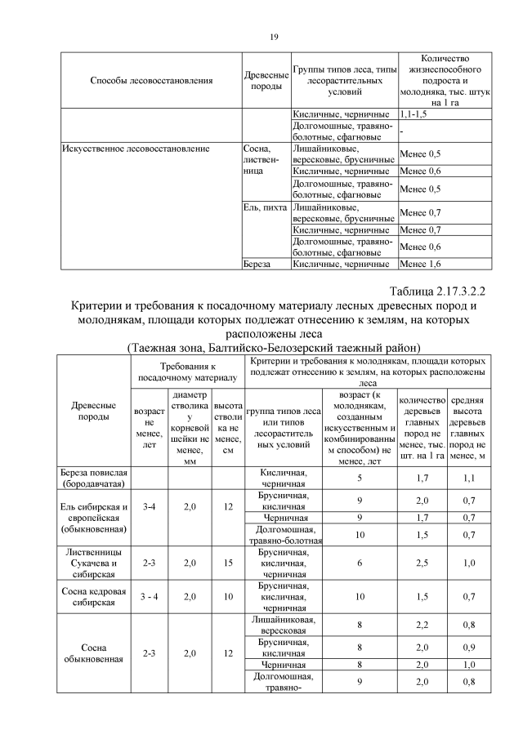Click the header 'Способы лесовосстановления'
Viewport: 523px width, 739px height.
point(152,81)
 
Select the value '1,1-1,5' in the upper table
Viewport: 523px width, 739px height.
point(416,114)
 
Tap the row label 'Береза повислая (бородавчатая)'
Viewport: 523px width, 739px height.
point(96,479)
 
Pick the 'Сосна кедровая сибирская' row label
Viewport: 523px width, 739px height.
point(96,596)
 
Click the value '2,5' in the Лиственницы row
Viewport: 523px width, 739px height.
point(422,562)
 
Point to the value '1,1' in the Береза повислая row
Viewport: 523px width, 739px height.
point(468,479)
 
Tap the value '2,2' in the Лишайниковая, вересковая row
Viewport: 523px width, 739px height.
point(422,625)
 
